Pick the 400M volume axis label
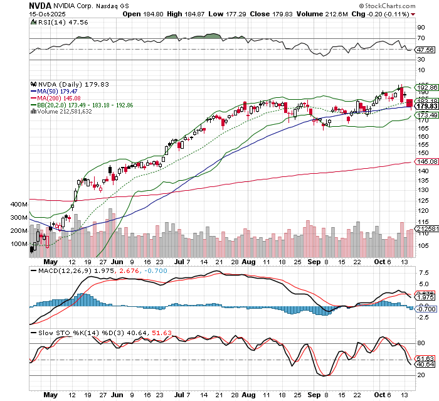[x=20, y=205]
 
